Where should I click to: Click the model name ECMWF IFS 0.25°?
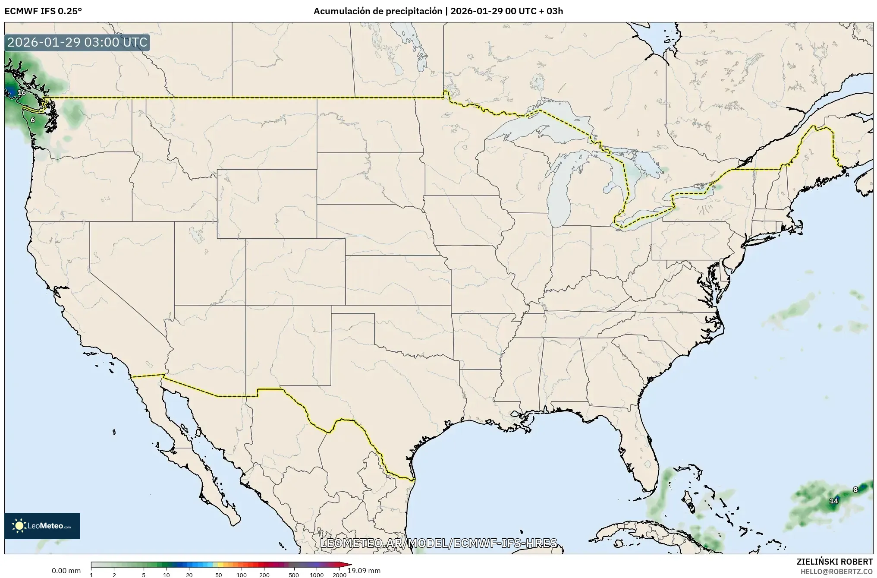point(43,11)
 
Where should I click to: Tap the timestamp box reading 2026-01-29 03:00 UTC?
point(78,43)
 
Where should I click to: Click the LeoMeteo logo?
point(42,526)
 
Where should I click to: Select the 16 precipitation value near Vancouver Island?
point(22,92)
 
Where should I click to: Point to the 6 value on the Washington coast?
point(33,120)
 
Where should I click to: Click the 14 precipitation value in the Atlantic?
point(833,501)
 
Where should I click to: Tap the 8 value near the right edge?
point(855,490)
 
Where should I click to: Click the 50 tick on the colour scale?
point(219,575)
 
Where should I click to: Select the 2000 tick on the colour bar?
point(339,575)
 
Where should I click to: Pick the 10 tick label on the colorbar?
point(167,575)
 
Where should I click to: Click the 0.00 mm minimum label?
point(66,571)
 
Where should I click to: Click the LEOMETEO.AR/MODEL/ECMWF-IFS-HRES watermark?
point(439,543)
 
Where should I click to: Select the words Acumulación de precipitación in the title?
point(377,11)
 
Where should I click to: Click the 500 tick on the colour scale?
point(294,575)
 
